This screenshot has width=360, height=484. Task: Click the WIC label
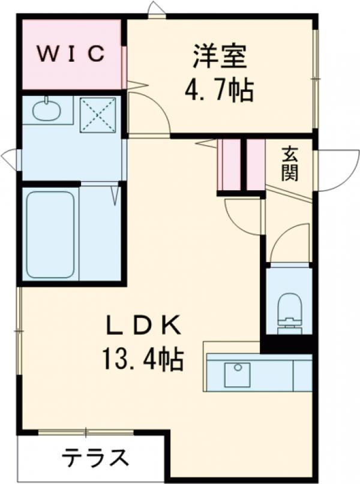tap(73, 53)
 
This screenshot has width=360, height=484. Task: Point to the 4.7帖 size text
tap(218, 91)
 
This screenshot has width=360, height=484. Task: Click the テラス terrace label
tap(96, 459)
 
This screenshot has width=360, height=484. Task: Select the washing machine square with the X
tap(98, 114)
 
